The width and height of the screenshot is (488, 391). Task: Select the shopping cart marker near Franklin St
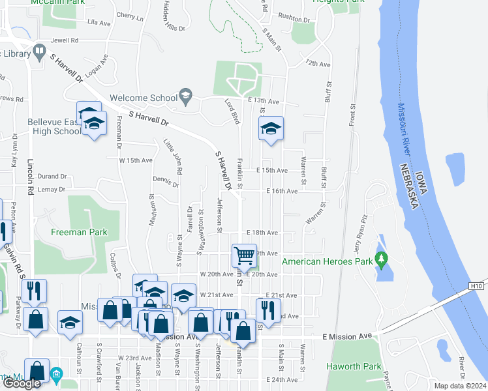244,255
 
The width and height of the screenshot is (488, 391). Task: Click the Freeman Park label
81,231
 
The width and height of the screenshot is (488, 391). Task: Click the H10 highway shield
477,285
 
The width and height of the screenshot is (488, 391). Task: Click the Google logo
22,383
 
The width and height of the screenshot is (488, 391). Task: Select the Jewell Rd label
65,40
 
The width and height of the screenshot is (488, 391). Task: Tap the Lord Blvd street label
232,111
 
